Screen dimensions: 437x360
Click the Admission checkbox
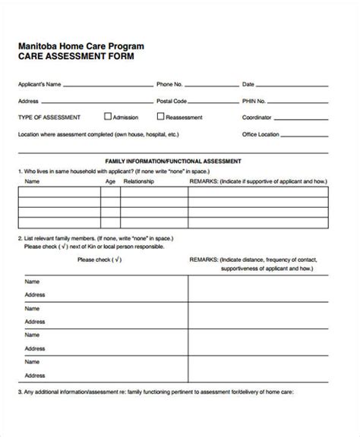tap(107, 117)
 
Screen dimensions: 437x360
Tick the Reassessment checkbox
tap(160, 117)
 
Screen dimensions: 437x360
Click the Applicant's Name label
tap(39, 84)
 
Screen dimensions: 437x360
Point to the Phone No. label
tap(169, 84)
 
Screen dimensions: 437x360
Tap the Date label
tap(248, 84)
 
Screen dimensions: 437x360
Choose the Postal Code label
tap(172, 100)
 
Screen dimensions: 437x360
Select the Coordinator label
tap(257, 118)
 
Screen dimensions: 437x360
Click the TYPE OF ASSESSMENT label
tap(49, 118)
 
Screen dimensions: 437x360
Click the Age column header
tap(110, 182)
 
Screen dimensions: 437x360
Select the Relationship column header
tap(140, 182)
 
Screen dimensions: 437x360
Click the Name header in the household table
tap(32, 182)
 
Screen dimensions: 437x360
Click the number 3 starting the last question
tap(20, 413)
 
